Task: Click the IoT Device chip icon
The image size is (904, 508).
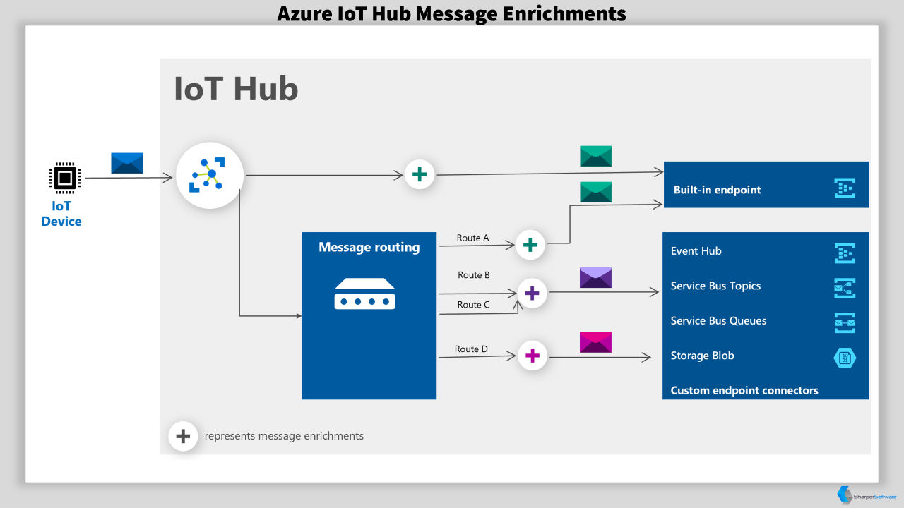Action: (x=65, y=177)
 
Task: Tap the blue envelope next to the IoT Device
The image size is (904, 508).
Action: (x=127, y=163)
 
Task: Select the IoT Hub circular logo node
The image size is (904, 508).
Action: (x=210, y=175)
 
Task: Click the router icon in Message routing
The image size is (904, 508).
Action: (x=365, y=294)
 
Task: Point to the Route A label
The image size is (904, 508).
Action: (x=472, y=238)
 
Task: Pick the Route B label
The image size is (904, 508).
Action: (x=474, y=275)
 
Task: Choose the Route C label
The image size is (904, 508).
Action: (x=473, y=305)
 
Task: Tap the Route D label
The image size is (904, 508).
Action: (x=471, y=349)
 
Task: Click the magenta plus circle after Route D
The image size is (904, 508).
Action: (x=533, y=356)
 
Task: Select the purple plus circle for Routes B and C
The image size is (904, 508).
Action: (x=532, y=293)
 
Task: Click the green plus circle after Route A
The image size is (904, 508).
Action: (x=530, y=245)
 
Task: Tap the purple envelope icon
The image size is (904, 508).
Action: (x=595, y=277)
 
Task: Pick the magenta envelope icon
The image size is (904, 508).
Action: (x=595, y=342)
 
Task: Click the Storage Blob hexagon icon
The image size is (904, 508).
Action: (x=845, y=358)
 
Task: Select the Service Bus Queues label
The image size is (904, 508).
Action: (x=718, y=321)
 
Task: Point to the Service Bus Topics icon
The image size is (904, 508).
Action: (x=845, y=288)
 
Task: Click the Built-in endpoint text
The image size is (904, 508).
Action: (x=717, y=190)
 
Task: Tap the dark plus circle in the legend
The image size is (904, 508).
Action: (x=183, y=436)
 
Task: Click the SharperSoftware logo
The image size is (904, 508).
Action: (x=866, y=495)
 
